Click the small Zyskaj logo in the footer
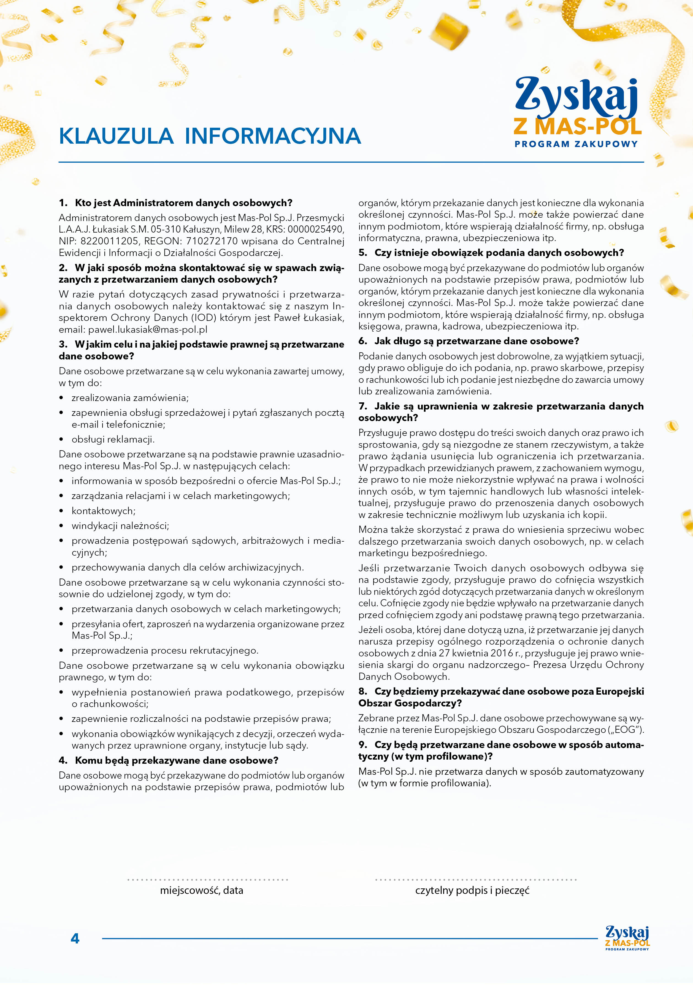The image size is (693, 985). (627, 938)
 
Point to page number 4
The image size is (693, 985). (75, 939)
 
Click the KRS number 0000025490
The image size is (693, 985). (316, 230)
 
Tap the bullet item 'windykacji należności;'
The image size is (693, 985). (120, 526)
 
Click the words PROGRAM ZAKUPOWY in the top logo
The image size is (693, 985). (576, 144)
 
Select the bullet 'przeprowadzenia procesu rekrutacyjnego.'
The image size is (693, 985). (165, 651)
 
